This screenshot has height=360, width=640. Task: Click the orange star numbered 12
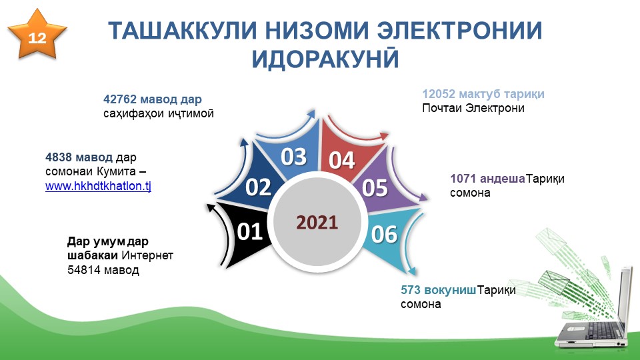pos(37,35)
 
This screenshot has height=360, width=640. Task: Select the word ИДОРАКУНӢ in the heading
pos(325,59)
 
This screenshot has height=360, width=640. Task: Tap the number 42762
pos(120,99)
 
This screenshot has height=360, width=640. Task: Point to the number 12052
pos(439,94)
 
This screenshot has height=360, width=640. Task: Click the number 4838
pos(59,157)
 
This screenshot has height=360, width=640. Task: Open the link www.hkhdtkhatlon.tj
pos(99,186)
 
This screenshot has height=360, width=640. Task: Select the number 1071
pos(463,179)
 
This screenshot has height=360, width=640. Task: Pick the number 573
pos(411,290)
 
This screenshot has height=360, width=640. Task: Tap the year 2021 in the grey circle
pos(317,223)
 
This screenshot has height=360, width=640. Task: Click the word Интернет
pos(147,255)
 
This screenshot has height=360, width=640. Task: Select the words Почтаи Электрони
pos(473,108)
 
